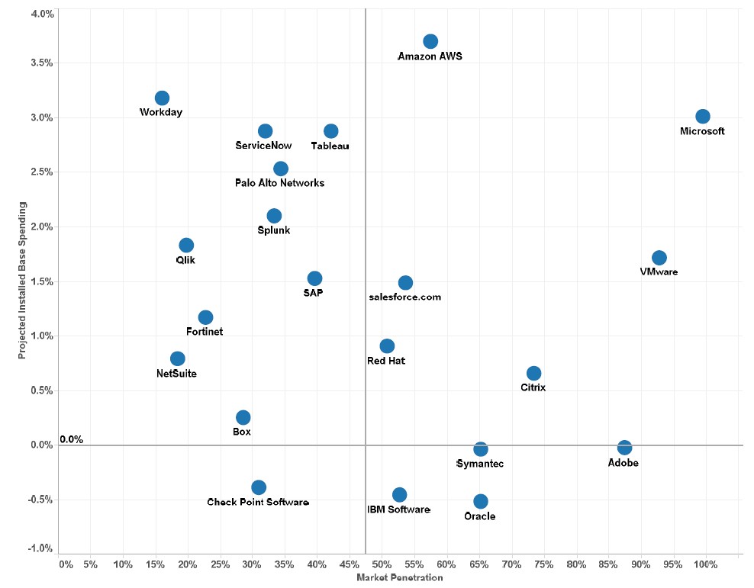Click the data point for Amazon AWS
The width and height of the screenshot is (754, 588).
click(430, 41)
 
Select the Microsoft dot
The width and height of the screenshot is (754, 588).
click(703, 117)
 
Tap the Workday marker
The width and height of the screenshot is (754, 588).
click(162, 98)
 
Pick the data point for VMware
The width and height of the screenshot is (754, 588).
click(659, 258)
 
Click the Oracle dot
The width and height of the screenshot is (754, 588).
click(481, 501)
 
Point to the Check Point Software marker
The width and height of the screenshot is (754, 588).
click(259, 487)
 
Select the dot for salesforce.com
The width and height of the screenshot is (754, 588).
click(405, 283)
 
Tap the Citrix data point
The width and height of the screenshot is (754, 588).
click(534, 374)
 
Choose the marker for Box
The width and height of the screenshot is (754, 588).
click(243, 417)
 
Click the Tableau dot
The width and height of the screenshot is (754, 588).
click(331, 131)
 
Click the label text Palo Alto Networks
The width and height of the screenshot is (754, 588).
click(279, 183)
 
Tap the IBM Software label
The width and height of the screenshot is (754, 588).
click(398, 509)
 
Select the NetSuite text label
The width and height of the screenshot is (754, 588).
click(176, 374)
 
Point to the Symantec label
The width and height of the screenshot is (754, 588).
click(479, 464)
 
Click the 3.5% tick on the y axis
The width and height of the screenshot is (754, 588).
click(42, 63)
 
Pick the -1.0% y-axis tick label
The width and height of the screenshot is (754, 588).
click(40, 549)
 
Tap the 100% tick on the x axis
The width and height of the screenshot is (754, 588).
click(706, 565)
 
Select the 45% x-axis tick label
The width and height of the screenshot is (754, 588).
click(349, 565)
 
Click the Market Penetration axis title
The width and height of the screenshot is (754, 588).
click(400, 578)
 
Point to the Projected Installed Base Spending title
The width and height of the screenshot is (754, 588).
click(23, 281)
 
